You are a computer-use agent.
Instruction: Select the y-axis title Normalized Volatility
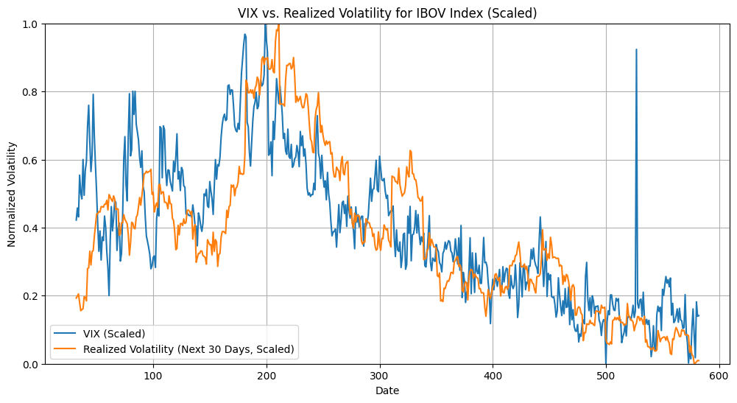tap(12, 194)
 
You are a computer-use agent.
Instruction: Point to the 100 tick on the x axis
tap(153, 376)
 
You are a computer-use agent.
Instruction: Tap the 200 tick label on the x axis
tap(267, 376)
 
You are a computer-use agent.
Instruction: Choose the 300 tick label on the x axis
tap(380, 376)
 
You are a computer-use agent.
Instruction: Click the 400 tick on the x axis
tap(493, 376)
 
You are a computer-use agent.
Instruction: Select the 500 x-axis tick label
tap(606, 376)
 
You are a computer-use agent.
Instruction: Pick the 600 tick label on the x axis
tap(719, 376)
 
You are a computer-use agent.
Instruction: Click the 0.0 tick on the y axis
tap(31, 364)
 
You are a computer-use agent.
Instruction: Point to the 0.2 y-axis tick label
tap(31, 296)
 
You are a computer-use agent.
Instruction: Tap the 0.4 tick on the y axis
tap(31, 228)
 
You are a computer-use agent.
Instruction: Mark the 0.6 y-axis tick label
tap(31, 160)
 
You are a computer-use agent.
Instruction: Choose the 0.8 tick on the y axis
tap(31, 92)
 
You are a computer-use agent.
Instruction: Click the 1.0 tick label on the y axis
tap(31, 24)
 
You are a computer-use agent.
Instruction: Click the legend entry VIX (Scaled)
tap(114, 334)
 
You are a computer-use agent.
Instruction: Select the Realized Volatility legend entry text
tap(188, 349)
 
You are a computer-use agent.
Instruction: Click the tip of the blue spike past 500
tap(636, 49)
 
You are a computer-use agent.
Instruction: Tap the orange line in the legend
tap(66, 349)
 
